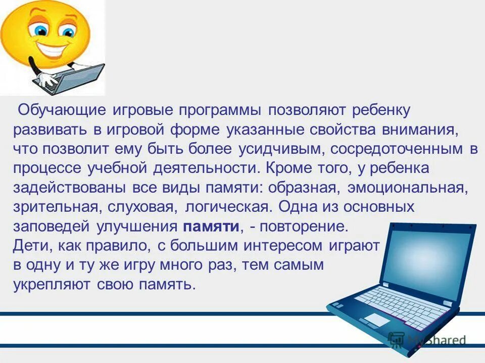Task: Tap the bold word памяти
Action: tap(211, 226)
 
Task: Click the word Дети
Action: tap(31, 246)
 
